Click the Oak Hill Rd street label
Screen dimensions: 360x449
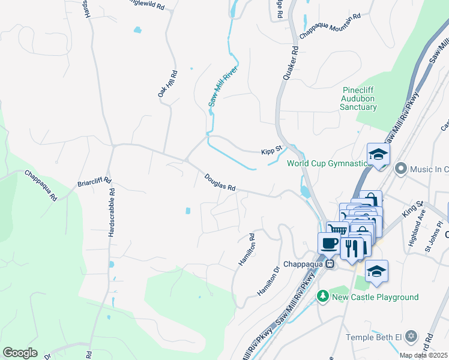pos(167,85)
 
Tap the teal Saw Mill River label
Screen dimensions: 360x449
pos(223,86)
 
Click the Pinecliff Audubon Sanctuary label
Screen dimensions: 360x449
pos(359,98)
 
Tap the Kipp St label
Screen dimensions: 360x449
pos(271,152)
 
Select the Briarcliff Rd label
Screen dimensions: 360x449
pos(94,181)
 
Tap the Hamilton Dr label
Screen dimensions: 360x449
pos(268,281)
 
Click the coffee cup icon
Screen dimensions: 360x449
pos(328,243)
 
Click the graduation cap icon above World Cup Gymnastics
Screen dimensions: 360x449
pos(378,155)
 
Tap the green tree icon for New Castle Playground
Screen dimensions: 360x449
pos(323,296)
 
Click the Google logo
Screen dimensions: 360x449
pos(20,352)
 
